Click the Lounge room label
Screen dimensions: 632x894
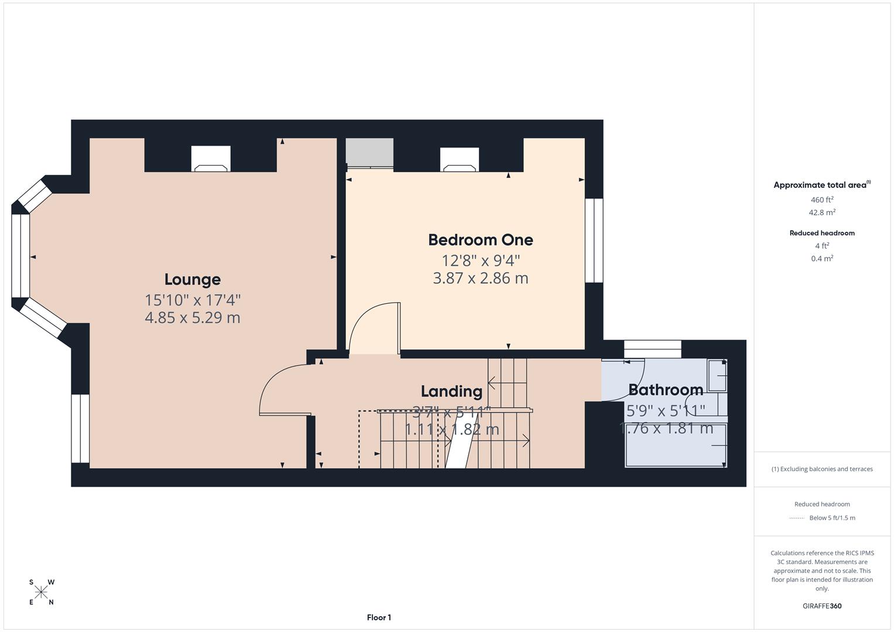[192, 280]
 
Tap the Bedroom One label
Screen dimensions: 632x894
[480, 240]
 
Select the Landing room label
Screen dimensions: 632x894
[451, 391]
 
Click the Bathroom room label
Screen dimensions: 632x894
[666, 390]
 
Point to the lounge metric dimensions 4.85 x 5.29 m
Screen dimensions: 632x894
[192, 318]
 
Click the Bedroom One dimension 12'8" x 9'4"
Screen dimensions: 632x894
[480, 260]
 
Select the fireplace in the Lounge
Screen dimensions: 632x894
[211, 159]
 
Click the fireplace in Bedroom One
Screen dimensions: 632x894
[460, 160]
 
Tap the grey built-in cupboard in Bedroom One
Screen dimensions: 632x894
[369, 153]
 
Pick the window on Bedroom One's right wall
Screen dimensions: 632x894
[594, 241]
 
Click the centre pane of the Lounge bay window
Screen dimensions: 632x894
[20, 256]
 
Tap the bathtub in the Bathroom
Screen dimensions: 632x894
[676, 445]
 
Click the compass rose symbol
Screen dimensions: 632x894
[41, 592]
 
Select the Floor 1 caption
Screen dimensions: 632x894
[379, 617]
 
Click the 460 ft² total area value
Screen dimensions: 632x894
[822, 200]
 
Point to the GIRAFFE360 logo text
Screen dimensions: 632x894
[822, 606]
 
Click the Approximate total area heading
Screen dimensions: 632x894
[821, 185]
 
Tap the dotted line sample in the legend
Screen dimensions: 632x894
[796, 518]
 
